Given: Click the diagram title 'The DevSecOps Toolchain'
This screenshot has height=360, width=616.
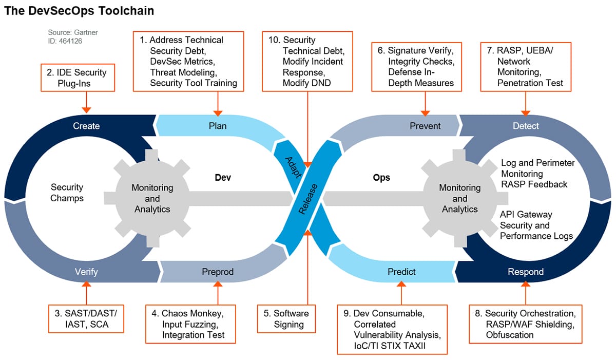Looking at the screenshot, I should [79, 10].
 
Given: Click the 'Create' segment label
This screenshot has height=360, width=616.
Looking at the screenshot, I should [86, 126].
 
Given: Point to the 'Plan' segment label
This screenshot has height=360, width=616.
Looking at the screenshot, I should [218, 126].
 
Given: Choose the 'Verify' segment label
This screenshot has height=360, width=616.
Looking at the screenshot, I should [86, 272].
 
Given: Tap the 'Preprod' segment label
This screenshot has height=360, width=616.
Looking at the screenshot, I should [218, 272].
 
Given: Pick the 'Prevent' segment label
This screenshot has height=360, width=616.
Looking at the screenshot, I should [425, 126].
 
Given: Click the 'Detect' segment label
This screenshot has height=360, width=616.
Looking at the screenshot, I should [526, 126].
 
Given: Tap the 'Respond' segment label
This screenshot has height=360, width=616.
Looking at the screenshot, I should [526, 272].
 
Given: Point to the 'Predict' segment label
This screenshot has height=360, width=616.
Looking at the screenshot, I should [401, 272].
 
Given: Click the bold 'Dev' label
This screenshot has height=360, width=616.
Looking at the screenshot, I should [223, 178].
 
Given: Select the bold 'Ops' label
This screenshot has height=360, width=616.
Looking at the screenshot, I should [381, 178].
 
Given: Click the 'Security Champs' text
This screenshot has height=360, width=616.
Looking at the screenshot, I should [67, 193].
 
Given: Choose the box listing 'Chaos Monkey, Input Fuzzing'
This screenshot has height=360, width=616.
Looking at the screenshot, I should [191, 324].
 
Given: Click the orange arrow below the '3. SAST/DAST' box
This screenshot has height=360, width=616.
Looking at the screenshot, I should [86, 293].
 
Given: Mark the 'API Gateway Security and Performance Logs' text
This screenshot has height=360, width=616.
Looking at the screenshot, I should [536, 225].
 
